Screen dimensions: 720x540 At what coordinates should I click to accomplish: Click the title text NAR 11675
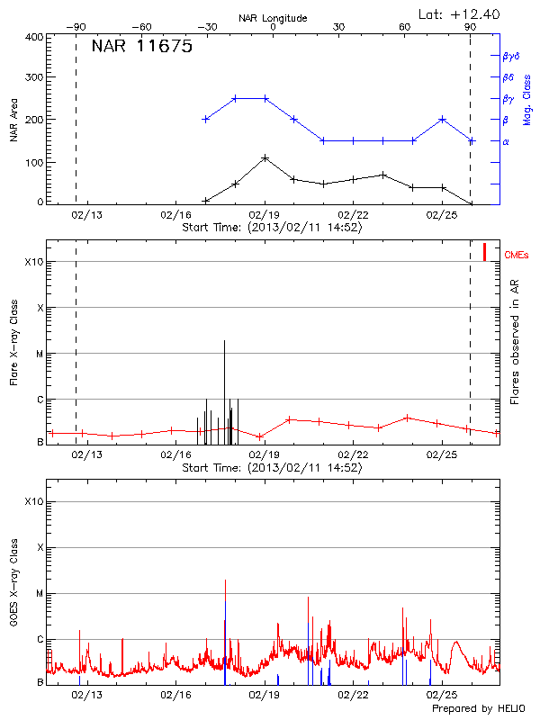point(142,48)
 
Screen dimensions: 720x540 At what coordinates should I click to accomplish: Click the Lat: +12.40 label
point(460,13)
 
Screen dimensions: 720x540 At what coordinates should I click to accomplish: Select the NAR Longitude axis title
point(274,18)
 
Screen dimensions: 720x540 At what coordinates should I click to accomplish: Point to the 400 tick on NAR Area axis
point(35,37)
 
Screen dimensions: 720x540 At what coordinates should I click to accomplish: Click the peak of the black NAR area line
point(265,157)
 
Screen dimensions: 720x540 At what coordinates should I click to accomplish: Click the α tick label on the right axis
point(506,141)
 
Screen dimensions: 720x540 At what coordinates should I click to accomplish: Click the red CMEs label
point(517,256)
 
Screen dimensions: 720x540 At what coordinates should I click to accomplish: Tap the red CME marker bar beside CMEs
point(484,252)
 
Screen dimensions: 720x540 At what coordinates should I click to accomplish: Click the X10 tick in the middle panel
point(35,262)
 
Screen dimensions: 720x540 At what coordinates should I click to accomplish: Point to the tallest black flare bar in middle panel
point(225,342)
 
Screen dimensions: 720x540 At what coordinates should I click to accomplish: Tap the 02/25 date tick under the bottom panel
point(442,694)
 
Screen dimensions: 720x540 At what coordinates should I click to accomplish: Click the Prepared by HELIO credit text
point(477,708)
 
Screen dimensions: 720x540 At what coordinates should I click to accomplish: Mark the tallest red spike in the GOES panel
point(225,580)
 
